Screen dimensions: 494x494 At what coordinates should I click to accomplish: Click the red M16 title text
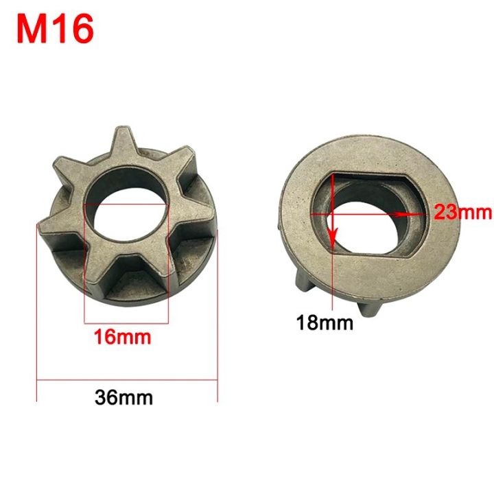tap(55, 30)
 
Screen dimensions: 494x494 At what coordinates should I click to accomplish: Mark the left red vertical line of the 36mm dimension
tap(36, 316)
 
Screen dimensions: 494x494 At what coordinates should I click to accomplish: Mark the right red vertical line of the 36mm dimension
tap(217, 316)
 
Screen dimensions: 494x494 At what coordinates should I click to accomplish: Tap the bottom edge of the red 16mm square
tap(126, 322)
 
